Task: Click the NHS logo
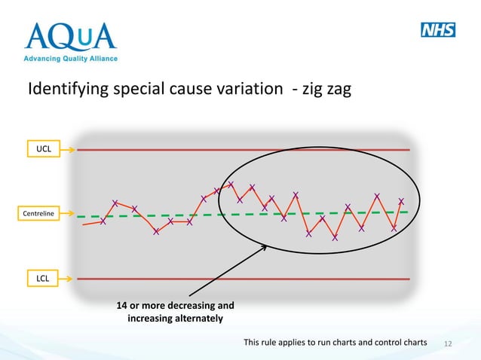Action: pos(437,30)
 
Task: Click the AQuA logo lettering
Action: pos(71,36)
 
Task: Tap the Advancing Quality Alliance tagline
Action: pos(71,58)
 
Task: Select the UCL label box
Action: pos(44,150)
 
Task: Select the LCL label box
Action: pos(44,279)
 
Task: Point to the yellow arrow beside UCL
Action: pos(67,150)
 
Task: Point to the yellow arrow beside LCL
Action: pos(67,279)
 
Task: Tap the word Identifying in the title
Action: pos(65,90)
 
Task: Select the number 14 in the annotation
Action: pos(121,306)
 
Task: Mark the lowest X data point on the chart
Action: pos(335,238)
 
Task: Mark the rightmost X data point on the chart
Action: pos(401,201)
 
